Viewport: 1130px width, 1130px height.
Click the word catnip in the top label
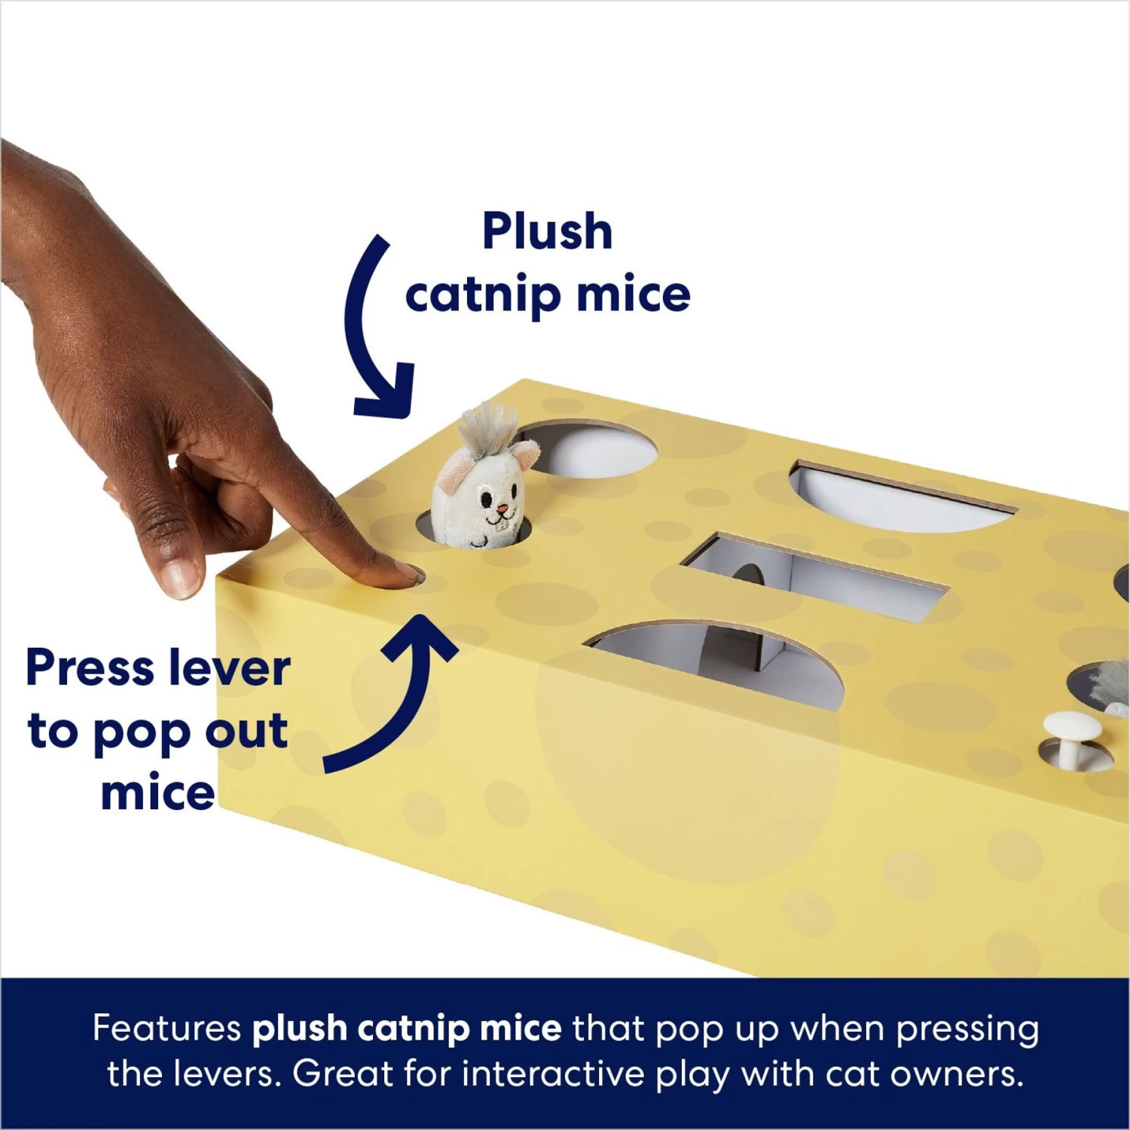484,295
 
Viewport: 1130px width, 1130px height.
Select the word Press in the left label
90,667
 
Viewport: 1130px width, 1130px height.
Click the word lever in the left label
229,667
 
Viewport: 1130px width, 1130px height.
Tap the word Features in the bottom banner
166,1028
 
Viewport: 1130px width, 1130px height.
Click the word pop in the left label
142,732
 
